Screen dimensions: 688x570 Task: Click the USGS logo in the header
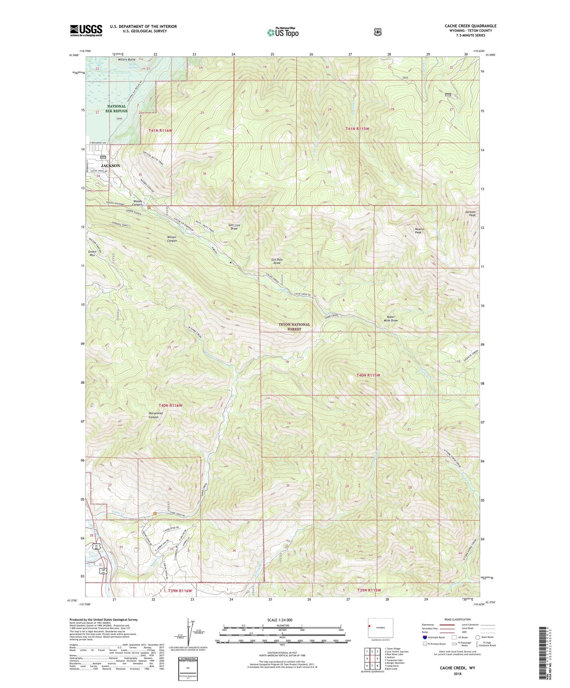click(86, 30)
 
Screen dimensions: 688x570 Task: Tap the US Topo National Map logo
click(282, 32)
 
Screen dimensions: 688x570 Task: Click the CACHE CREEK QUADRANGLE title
click(470, 26)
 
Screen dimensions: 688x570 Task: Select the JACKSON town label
click(110, 166)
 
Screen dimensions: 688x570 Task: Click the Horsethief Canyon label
click(155, 415)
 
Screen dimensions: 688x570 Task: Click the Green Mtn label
click(92, 253)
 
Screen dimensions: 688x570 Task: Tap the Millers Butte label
click(126, 60)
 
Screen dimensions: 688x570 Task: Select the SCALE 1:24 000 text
click(280, 620)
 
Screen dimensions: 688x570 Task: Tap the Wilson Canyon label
click(172, 239)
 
